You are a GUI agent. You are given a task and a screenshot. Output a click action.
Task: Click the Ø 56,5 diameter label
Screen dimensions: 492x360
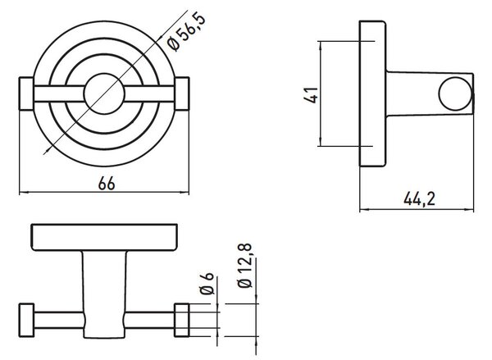pos(187,32)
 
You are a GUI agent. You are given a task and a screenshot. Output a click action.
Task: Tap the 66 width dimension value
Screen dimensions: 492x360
pos(107,184)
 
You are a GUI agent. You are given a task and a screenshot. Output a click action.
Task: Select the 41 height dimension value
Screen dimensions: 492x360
pos(312,95)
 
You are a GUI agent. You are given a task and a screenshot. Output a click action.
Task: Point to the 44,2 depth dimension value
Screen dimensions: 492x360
pos(419,199)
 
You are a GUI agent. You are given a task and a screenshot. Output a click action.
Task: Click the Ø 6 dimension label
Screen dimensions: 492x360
pos(207,284)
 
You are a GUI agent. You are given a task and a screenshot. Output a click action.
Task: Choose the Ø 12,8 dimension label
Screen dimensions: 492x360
pos(245,266)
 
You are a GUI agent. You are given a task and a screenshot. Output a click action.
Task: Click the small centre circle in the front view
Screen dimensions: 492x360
pos(104,93)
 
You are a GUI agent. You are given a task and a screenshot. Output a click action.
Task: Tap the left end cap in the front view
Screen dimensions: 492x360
pos(26,93)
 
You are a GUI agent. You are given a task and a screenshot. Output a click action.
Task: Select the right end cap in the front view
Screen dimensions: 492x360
pos(182,93)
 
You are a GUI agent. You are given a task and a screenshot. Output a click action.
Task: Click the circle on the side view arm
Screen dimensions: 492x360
pos(455,93)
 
